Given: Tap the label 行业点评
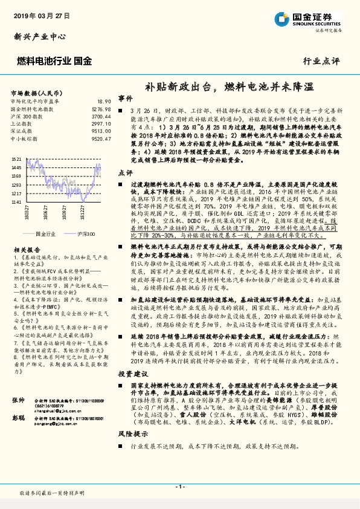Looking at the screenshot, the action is tap(321, 61).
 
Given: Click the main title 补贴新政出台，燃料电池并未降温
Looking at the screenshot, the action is tap(230, 86).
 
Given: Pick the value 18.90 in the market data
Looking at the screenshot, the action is tap(104, 102).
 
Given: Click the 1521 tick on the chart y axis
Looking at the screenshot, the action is tap(16, 159).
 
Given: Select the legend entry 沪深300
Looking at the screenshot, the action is tap(84, 233).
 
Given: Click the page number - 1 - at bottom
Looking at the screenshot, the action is tap(179, 487).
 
